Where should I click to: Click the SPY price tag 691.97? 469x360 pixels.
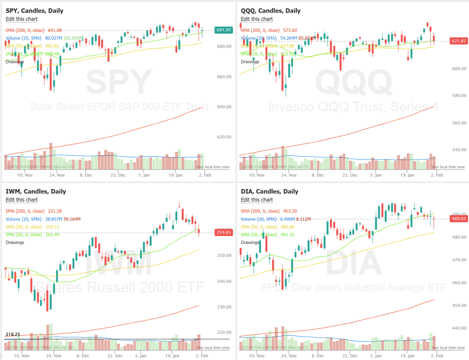point(224,30)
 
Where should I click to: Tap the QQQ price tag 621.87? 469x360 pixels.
point(459,41)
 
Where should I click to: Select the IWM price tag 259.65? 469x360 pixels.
point(224,233)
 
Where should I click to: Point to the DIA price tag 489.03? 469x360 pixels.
point(459,219)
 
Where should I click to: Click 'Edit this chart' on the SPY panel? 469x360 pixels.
point(22,19)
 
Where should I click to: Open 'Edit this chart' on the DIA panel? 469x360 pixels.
point(257,200)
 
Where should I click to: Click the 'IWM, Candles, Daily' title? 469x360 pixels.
point(36,191)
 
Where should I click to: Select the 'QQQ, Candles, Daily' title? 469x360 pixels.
point(271,11)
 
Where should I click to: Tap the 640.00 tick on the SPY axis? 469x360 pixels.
point(224,107)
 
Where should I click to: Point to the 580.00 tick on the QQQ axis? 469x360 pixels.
point(459,95)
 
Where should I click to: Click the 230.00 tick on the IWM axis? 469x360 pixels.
point(224,307)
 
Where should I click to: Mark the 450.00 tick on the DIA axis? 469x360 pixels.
point(459,306)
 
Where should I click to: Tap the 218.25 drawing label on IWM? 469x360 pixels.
point(12,335)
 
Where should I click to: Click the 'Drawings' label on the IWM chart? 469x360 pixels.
point(15,243)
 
